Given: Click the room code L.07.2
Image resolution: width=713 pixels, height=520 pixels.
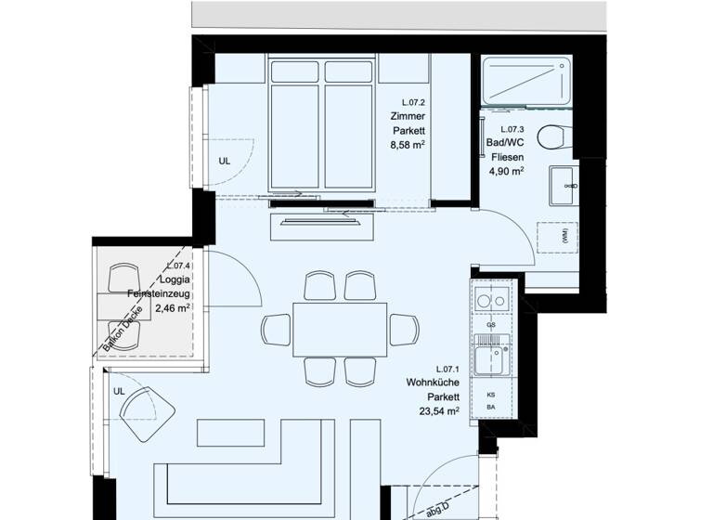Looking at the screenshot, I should pos(412,102).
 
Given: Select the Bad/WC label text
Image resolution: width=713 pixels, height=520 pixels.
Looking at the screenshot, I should pos(505,143).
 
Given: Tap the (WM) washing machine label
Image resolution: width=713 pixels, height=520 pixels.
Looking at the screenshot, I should pos(564,237).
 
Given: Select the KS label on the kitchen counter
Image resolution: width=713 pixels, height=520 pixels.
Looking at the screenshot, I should pos(491,394).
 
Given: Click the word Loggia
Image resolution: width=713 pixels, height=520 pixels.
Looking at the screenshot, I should pos(175,280).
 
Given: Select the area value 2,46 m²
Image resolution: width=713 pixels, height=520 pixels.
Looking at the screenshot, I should pos(173,308).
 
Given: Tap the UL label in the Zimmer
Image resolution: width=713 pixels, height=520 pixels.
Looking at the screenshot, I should pos(224,161).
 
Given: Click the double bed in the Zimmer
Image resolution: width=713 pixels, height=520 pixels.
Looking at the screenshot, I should pos(322,123).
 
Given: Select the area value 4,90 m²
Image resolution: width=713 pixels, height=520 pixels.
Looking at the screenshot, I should pos(507,172).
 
